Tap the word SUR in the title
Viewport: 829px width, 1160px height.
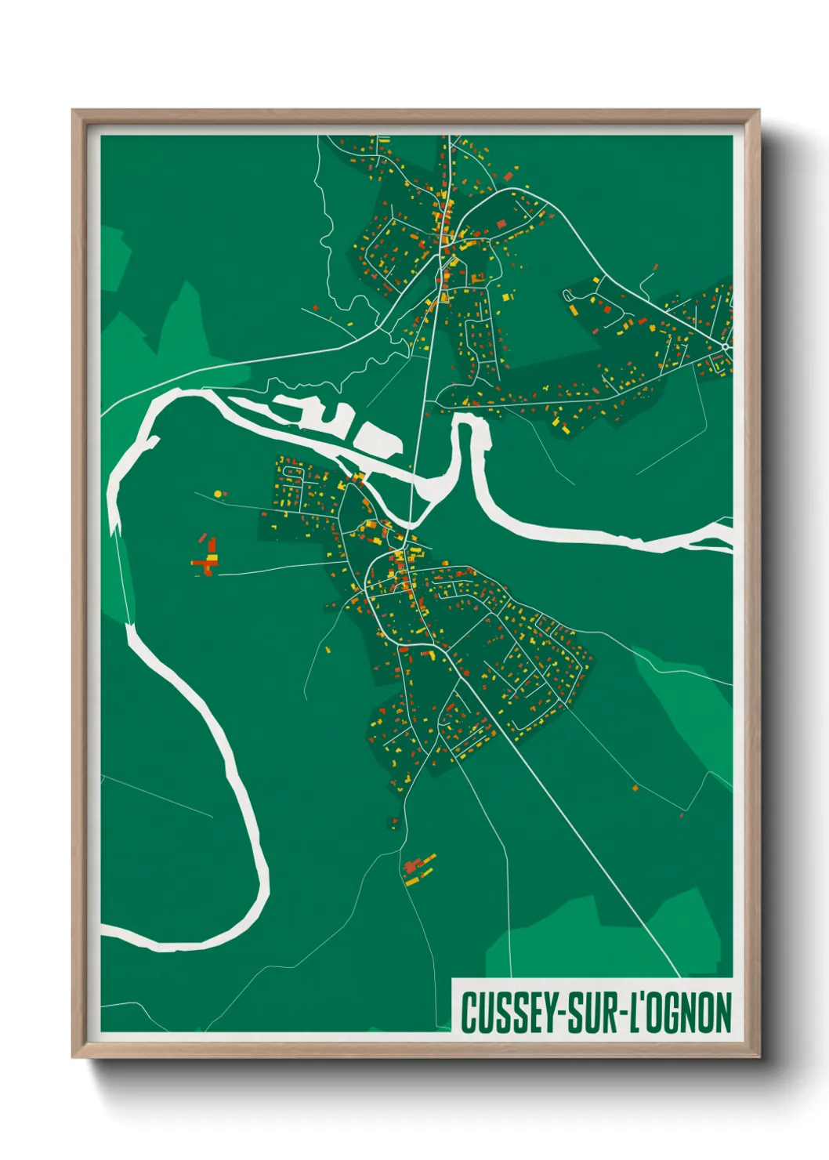click(590, 1013)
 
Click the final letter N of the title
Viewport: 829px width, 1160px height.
click(722, 1013)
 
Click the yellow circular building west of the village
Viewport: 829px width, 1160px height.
click(217, 494)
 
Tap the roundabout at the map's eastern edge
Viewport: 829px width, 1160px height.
click(726, 346)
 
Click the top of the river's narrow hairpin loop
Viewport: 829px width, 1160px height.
click(467, 421)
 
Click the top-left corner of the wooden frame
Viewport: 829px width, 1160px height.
click(73, 111)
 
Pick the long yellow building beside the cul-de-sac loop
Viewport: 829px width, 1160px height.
click(574, 310)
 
